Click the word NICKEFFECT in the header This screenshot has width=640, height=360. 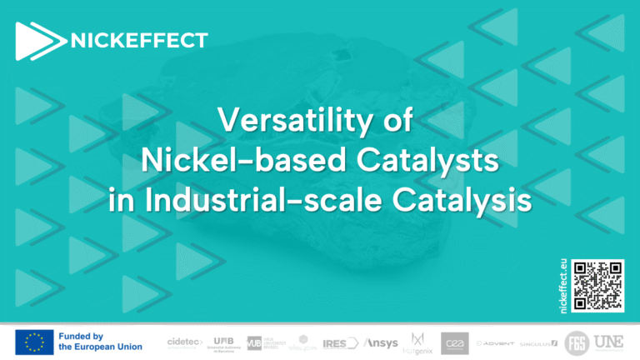click(140, 39)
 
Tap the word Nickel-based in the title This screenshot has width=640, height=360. click(219, 161)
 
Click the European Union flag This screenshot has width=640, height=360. click(33, 341)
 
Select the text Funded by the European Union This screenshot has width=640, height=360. click(100, 341)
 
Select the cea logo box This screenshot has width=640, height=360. click(455, 342)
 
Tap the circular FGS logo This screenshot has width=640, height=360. click(576, 342)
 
